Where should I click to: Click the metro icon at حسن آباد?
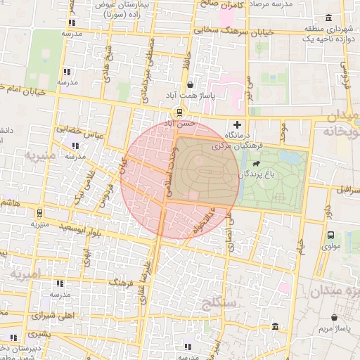[x=179, y=112]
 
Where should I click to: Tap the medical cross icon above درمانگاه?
[x=236, y=124]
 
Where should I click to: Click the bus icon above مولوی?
[x=330, y=236]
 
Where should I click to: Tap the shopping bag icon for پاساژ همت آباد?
[x=191, y=84]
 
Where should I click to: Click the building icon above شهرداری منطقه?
[x=328, y=18]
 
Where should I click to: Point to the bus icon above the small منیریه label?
[x=39, y=213]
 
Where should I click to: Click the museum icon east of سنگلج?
[x=274, y=328]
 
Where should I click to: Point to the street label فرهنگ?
[x=120, y=282]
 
